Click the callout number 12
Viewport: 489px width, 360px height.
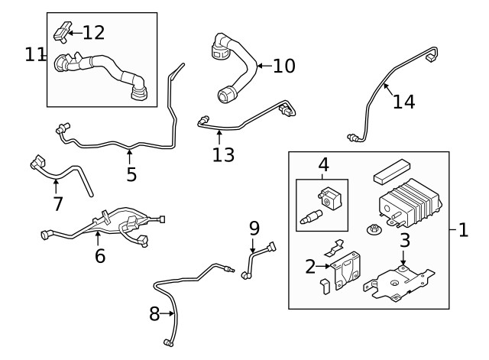[x=93, y=32]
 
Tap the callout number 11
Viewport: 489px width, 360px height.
[x=34, y=54]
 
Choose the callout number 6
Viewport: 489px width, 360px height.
[x=100, y=256]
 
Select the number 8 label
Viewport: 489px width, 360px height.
[x=154, y=313]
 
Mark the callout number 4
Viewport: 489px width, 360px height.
[x=323, y=164]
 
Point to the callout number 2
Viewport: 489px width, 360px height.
[x=310, y=266]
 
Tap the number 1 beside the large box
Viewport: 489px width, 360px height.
[x=463, y=229]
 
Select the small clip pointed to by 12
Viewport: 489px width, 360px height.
[x=61, y=31]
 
